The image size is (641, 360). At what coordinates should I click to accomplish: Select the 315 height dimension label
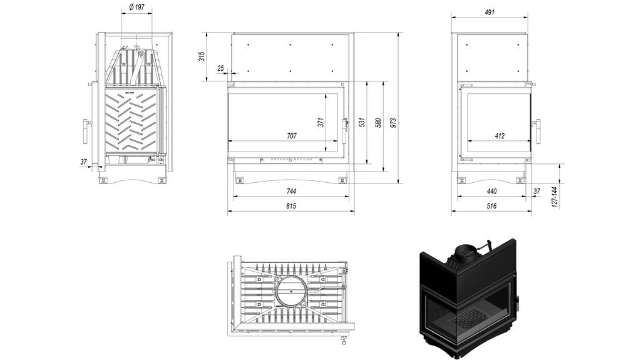[x=202, y=56]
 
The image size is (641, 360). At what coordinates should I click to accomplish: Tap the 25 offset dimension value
[x=221, y=68]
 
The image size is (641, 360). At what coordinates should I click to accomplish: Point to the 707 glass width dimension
[x=291, y=135]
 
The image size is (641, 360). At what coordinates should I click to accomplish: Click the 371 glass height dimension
[x=321, y=123]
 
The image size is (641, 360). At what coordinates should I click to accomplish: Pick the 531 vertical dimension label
[x=362, y=123]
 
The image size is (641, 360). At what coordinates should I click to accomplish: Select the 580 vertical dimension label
[x=378, y=123]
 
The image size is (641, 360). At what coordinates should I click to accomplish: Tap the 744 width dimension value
[x=291, y=191]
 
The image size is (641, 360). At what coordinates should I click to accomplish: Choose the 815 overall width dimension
[x=291, y=206]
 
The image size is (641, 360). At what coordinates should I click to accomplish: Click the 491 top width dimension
[x=491, y=12]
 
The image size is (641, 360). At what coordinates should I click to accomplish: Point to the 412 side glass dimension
[x=499, y=135]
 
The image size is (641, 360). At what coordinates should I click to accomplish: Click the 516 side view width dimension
[x=491, y=206]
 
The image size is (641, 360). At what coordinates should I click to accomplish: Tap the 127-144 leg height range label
[x=555, y=197]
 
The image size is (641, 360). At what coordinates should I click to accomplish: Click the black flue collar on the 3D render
[x=464, y=254]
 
